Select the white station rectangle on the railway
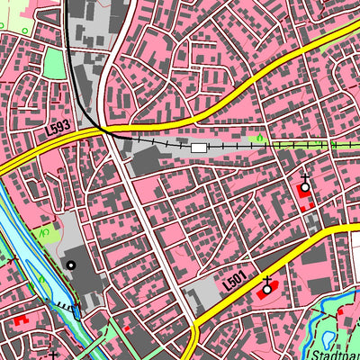(199, 147)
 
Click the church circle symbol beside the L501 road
(266, 291)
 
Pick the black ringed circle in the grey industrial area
(71, 265)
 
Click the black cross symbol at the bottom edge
(54, 355)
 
